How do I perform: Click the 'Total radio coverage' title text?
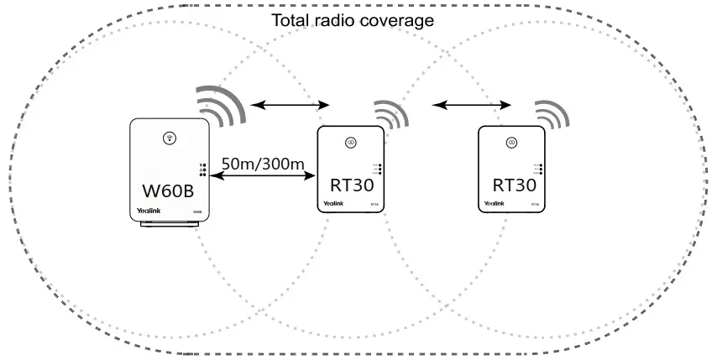click(353, 19)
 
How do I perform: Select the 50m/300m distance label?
click(263, 162)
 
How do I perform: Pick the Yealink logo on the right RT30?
click(494, 203)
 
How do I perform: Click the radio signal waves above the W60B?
click(222, 104)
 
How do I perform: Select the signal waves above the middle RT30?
click(390, 116)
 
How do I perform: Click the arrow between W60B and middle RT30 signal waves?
click(290, 105)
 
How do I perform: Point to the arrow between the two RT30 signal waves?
click(471, 105)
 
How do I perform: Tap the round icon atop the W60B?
click(169, 137)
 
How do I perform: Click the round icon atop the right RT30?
click(509, 143)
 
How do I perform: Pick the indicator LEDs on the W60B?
click(202, 170)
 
